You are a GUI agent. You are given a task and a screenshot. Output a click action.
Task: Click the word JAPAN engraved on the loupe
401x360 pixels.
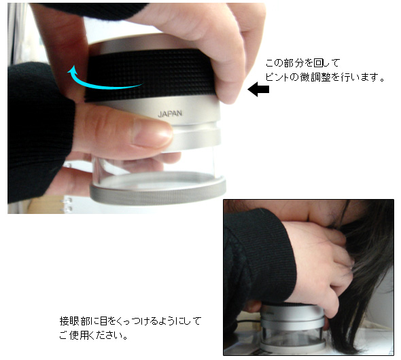[x=170, y=113]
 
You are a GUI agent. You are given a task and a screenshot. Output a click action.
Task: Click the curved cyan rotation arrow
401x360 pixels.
[x=103, y=84]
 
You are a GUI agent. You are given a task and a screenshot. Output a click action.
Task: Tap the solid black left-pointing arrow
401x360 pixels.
[x=258, y=89]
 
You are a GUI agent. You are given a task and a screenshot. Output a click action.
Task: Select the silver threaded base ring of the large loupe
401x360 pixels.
[x=158, y=192]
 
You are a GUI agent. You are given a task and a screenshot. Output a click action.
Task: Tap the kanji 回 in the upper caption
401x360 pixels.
[x=318, y=63]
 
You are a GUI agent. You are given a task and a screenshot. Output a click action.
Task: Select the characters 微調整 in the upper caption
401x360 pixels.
[x=315, y=77]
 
